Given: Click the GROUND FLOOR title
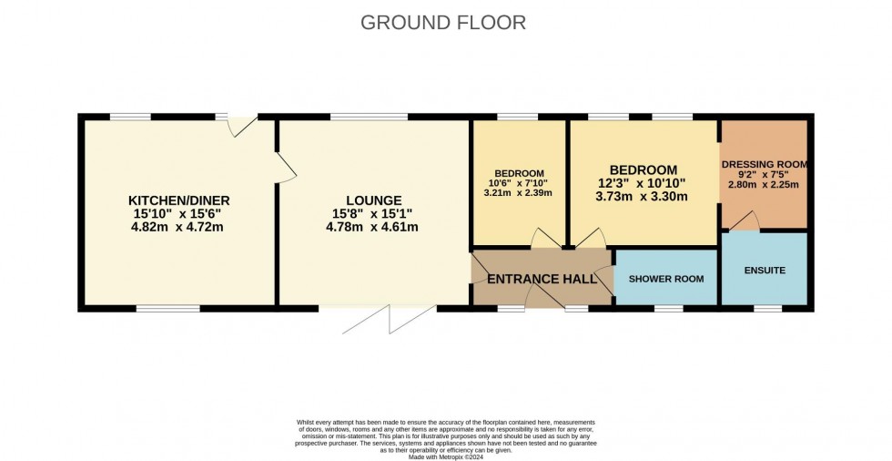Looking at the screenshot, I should tap(443, 23).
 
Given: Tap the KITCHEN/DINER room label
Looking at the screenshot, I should tap(178, 200).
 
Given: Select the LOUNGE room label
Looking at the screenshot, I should tap(373, 200).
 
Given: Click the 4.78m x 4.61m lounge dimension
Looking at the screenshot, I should tap(373, 227).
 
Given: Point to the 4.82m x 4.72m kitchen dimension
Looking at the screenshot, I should tap(178, 227).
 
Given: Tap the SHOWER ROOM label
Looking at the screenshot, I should tap(666, 279).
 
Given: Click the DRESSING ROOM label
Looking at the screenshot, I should tap(765, 165).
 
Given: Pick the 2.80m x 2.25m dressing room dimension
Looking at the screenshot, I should tap(765, 184).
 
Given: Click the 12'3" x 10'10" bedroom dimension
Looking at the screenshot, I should tap(644, 183).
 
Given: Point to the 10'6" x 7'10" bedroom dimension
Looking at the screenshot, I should tap(519, 183).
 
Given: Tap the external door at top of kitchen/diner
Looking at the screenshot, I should tap(243, 125).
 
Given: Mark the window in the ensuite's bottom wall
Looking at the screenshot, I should tap(767, 308).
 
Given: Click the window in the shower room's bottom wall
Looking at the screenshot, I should tap(669, 308).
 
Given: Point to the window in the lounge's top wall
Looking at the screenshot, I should tap(369, 117).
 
